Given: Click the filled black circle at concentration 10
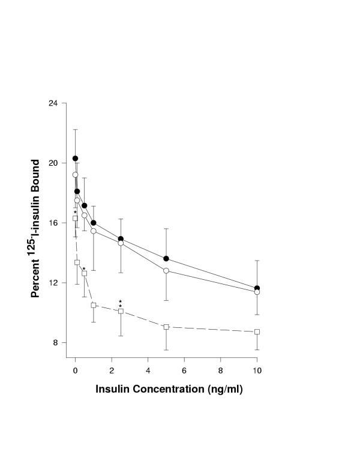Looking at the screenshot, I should pos(257,289).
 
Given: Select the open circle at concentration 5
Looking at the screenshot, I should pos(166,271).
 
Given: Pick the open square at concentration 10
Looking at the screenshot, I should pos(257,331).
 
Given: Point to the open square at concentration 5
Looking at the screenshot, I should pos(166,327).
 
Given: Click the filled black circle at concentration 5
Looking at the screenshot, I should pos(166,259).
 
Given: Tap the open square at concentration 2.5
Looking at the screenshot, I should pos(121,311).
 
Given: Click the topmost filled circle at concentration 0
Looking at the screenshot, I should pos(76,159).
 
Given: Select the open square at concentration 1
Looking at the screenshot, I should pos(94,305).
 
